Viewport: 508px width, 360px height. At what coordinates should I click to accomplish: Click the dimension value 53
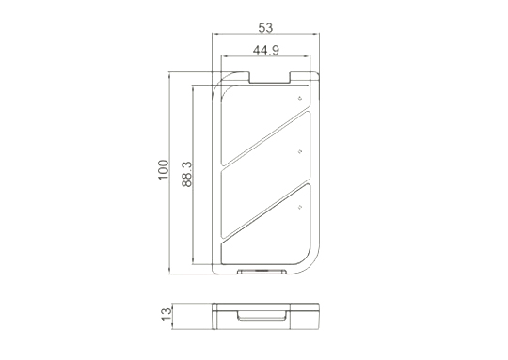265,28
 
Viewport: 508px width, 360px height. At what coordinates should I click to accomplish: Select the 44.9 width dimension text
265,51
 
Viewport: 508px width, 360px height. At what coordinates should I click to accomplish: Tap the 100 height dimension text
164,170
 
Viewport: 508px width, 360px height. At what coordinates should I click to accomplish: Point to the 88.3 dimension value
187,175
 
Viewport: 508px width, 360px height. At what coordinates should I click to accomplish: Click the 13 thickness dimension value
167,314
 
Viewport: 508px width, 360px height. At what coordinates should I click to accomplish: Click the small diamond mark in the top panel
300,98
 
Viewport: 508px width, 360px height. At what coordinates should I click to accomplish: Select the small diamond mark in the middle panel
300,151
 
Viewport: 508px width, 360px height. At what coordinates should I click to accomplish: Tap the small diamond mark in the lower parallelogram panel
300,207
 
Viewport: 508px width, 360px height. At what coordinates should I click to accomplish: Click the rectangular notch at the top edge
270,78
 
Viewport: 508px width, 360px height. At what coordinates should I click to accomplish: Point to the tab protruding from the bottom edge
262,272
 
